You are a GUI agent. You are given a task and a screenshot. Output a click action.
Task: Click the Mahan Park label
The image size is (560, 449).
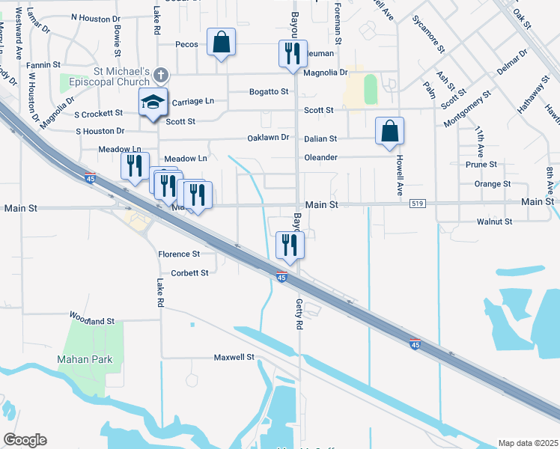coord(85,359)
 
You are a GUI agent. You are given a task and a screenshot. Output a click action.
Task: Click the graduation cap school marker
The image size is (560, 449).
coord(153,103)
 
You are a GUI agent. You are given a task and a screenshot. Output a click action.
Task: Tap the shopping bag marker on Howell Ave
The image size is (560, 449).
coord(389,132)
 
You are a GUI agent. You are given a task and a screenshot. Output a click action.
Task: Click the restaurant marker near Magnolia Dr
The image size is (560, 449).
coord(291,54)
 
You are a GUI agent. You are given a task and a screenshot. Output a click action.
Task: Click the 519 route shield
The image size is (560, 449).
coord(418,203)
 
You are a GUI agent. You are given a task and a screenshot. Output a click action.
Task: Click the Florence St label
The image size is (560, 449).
coord(179,254)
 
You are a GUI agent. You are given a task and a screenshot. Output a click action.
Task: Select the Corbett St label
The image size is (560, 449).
coord(189,273)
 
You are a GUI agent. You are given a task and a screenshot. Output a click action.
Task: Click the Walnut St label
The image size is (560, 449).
coord(494,222)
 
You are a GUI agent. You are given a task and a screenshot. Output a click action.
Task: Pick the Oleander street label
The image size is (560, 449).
coord(320,157)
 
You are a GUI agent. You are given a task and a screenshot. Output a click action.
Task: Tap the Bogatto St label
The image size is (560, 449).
coord(269,91)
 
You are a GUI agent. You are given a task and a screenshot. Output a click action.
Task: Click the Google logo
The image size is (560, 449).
coord(25,440)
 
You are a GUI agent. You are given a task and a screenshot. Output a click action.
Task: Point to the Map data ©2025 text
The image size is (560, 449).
coord(528,443)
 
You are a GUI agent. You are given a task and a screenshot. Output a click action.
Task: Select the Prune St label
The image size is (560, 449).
coord(481,164)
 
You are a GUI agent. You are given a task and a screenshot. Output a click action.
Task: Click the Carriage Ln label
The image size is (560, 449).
coord(193,101)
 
